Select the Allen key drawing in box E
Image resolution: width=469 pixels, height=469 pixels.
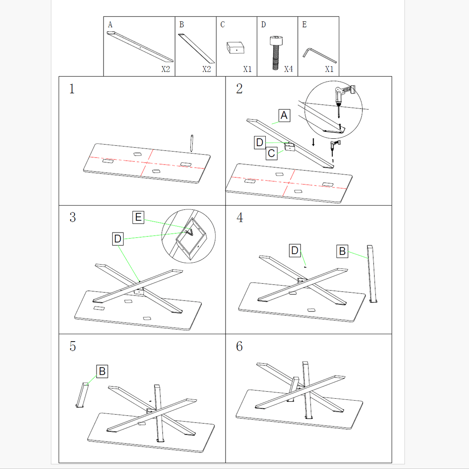click(319, 55)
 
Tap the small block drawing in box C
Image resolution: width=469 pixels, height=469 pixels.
click(236, 47)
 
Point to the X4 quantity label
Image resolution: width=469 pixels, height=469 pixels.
click(288, 69)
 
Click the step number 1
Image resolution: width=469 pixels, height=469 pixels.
click(72, 89)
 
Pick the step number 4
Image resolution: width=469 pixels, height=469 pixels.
click(240, 218)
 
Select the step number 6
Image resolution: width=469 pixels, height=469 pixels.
click(239, 346)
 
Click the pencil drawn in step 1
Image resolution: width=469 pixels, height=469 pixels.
click(192, 143)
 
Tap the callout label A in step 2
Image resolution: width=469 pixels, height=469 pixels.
click(284, 115)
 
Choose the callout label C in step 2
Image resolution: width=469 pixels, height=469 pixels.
click(271, 154)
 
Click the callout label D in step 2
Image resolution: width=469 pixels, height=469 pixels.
click(260, 142)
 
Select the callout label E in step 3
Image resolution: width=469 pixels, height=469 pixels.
click(138, 217)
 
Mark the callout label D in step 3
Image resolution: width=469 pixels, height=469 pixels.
click(118, 238)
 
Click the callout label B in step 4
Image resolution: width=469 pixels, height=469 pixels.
click(342, 251)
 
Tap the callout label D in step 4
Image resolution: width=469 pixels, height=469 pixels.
click(295, 250)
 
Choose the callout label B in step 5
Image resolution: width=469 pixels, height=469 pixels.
click(102, 371)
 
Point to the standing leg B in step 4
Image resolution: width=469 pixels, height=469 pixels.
click(372, 274)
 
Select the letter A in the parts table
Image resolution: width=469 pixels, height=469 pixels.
click(110, 25)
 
